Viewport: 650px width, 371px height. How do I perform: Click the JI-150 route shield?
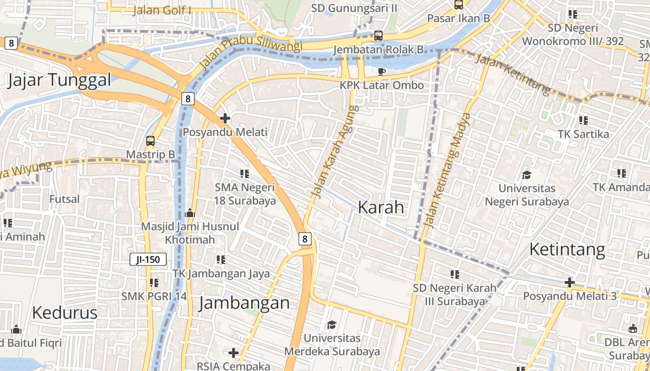148,259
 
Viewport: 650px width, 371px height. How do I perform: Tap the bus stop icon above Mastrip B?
150,141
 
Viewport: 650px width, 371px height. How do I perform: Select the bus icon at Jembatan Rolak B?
378,36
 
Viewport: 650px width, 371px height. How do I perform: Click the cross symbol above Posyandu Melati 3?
570,282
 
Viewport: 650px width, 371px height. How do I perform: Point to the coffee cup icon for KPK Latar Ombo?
381,71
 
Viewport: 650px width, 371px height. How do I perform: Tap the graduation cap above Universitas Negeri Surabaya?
526,175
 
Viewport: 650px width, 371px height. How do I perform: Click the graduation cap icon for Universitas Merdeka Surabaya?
331,324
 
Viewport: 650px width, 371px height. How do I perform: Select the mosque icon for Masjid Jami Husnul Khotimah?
189,213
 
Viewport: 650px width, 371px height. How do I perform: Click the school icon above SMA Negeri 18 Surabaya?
244,174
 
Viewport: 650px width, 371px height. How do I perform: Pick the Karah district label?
381,207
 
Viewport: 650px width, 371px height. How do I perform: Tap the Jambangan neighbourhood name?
244,303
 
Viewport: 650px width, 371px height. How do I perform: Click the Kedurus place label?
65,313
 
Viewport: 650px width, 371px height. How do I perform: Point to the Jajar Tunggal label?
59,80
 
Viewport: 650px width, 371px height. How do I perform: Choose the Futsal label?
65,199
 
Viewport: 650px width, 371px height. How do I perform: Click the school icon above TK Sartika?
583,121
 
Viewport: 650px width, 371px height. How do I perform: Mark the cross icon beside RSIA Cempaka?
234,353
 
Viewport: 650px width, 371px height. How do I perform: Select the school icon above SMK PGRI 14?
154,282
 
